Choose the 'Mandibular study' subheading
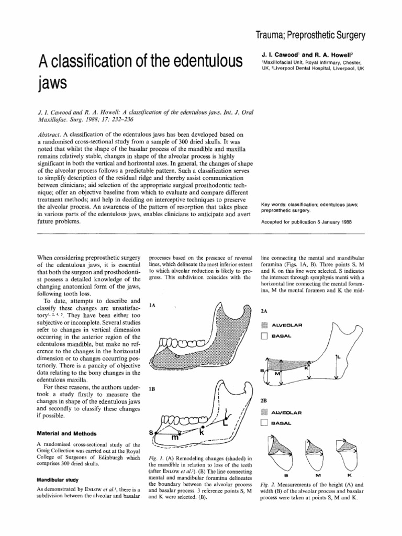point(59,478)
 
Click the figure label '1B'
point(153,389)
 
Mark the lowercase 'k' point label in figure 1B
point(200,433)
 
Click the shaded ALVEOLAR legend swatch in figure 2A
point(264,325)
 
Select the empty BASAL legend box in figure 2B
point(264,422)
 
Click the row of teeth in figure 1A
point(181,344)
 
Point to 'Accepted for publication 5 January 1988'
point(306,221)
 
